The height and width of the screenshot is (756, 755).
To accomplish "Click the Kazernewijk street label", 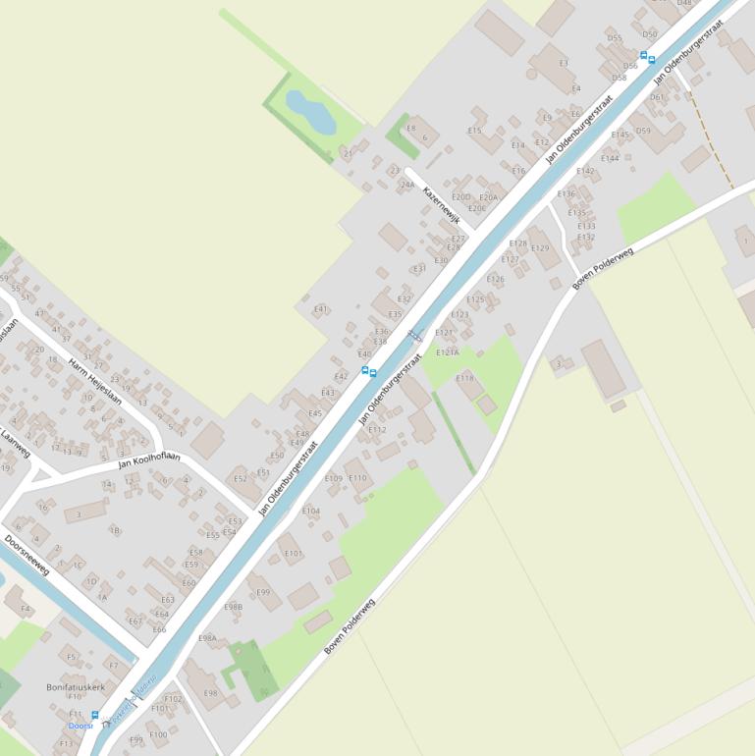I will pos(442,205).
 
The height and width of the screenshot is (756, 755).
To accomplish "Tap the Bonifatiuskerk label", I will pos(76,687).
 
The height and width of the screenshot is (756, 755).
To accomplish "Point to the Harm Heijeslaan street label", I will pos(95,382).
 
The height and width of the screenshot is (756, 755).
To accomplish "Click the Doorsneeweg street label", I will pos(27,555).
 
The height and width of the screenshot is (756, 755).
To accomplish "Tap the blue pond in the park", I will pos(310,110).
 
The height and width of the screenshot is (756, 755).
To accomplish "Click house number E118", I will pos(464,377).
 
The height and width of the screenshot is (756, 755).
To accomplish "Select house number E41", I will pos(320,308).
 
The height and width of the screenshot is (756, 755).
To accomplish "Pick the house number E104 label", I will pos(310,511).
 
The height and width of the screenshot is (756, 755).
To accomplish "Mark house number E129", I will pos(540,248).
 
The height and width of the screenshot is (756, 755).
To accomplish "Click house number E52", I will pos(241,478).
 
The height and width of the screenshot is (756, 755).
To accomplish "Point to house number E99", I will pos(263,592).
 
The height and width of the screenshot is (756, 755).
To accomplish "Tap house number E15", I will pos(475,130).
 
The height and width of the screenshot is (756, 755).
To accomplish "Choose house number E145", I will pos(620,135).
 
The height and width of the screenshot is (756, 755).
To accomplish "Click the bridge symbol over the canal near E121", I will pos(415,335).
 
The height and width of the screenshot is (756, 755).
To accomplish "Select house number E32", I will pos(404,298).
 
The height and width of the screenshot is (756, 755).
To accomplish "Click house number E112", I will pos(377,429).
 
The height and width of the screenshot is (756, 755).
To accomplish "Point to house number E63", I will pos(168,599).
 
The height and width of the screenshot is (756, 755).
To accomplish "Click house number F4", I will pos(26,609).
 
